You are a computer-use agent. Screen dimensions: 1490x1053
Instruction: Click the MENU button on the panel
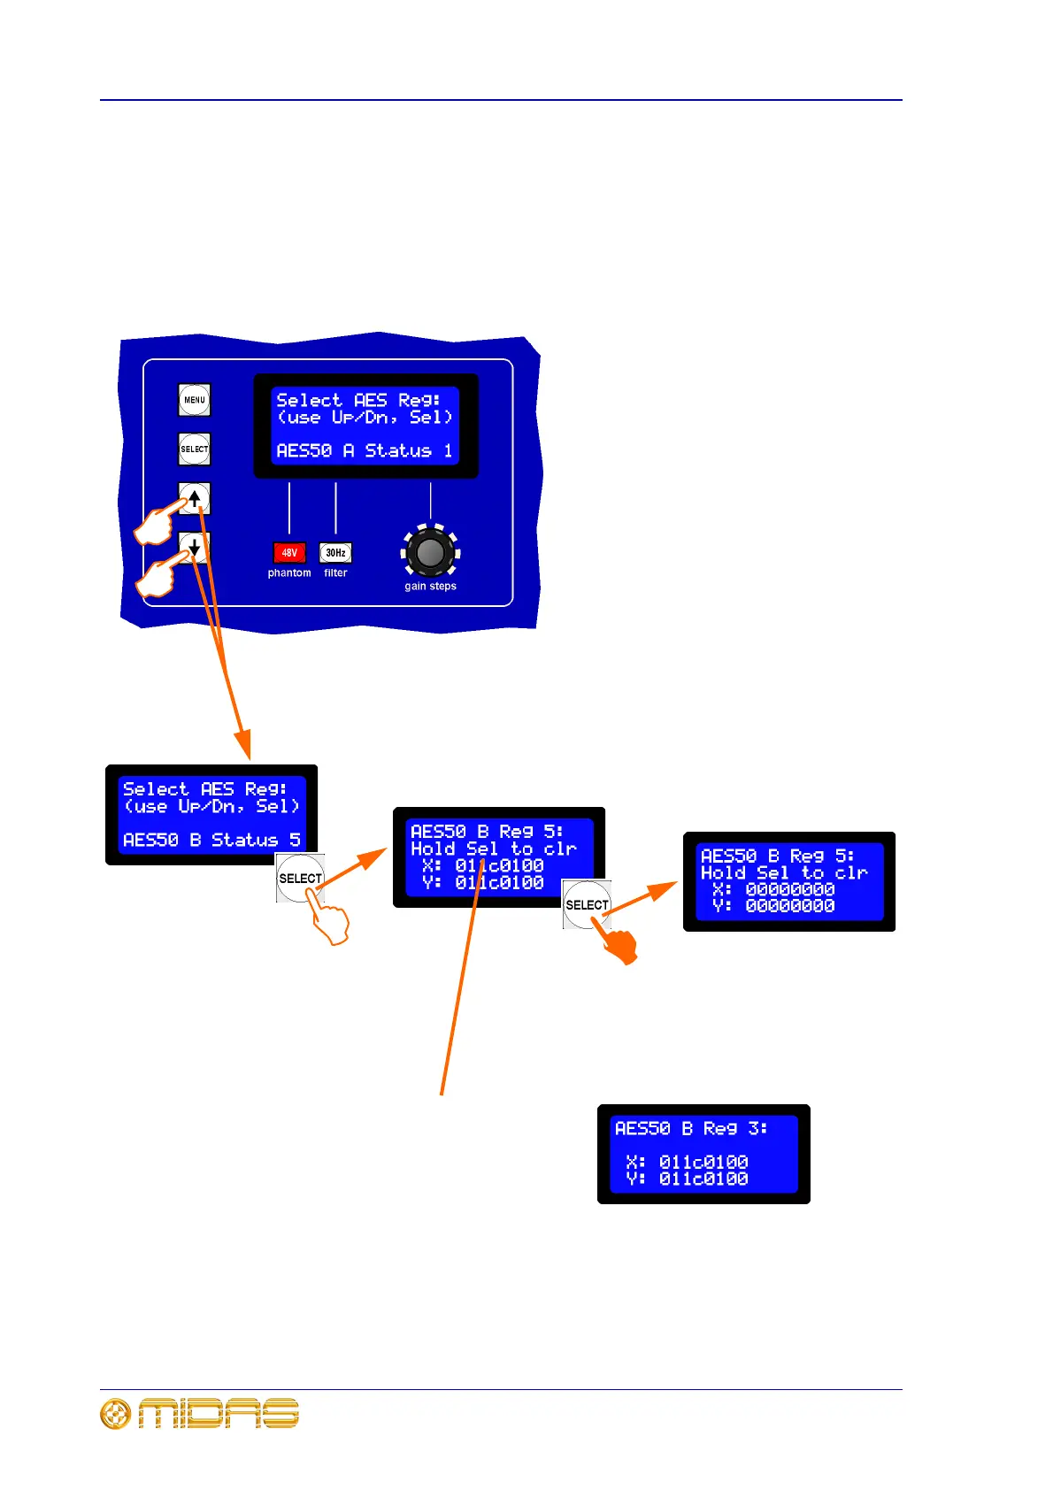tap(195, 400)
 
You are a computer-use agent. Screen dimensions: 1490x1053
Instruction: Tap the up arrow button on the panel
tap(195, 498)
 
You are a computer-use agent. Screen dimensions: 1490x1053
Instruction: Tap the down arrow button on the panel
tap(195, 548)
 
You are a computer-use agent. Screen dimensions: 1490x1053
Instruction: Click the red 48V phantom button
tap(289, 553)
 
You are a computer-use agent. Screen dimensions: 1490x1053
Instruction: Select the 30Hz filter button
tap(335, 553)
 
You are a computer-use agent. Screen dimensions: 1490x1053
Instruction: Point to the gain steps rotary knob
tap(430, 552)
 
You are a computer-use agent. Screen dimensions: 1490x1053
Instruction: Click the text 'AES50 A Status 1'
tap(365, 451)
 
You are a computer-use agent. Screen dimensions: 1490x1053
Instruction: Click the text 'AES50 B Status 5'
tap(211, 840)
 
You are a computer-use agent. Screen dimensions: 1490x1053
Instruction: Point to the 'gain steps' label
tap(430, 587)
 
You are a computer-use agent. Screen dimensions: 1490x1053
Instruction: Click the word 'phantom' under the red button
tap(289, 573)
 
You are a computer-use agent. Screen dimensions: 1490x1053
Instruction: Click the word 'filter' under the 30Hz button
tap(335, 573)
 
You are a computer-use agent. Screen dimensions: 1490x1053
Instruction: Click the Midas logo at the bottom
tap(200, 1413)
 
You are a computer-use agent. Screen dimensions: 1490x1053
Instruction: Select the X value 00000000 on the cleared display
tap(790, 889)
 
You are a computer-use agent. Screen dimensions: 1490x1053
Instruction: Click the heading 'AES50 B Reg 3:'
tap(691, 1129)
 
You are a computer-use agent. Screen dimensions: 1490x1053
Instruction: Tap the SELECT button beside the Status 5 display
tap(300, 878)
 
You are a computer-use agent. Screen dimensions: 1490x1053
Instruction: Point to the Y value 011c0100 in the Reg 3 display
tap(703, 1179)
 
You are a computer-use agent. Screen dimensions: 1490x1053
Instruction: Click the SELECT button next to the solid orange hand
tap(587, 904)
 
